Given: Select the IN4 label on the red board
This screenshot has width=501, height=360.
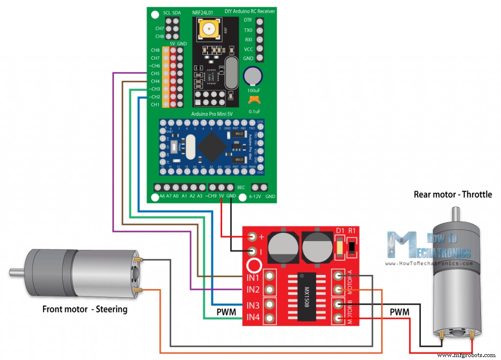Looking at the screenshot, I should click(x=252, y=318).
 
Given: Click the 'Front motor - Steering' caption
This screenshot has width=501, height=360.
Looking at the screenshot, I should click(x=85, y=309).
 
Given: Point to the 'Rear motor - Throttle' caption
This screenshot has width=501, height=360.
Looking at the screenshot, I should click(x=453, y=194).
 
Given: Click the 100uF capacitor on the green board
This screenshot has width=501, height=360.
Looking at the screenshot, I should click(x=253, y=76).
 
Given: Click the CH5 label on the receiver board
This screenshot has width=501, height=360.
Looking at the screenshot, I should click(x=155, y=73).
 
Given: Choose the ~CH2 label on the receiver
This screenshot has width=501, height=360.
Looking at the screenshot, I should click(x=154, y=97).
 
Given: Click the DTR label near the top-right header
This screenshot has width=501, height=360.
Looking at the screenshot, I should click(x=248, y=21).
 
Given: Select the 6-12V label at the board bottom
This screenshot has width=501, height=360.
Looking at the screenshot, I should click(x=255, y=196).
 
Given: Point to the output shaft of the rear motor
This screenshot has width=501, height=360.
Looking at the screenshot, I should click(x=455, y=213).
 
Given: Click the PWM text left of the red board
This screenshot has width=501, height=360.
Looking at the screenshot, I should click(x=227, y=312).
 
